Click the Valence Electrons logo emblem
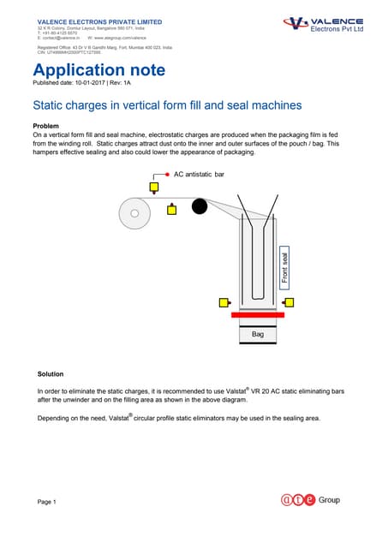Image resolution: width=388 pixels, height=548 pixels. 296,24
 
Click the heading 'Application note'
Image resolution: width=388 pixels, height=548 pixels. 98,69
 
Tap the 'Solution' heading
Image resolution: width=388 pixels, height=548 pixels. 51,374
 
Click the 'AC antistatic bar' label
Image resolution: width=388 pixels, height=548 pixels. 199,174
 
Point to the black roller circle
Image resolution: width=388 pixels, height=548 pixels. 200,206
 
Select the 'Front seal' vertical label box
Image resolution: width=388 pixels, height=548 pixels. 285,266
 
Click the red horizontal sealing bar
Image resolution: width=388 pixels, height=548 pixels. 258,315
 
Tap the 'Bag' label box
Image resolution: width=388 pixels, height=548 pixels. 258,334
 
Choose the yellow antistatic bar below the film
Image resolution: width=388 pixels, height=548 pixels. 171,208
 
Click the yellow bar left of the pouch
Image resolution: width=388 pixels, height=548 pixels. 224,302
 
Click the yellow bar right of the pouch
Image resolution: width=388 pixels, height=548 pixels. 290,302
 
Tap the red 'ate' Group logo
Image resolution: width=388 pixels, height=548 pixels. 298,500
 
